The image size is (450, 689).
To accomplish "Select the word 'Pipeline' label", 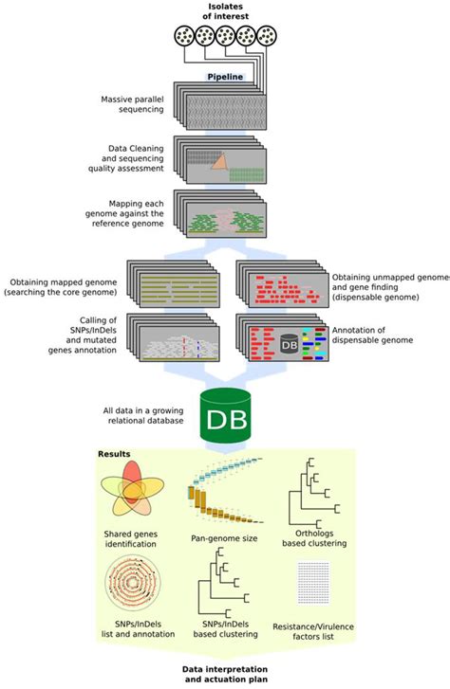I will pyautogui.click(x=226, y=78).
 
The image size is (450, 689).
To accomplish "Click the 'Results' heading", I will pyautogui.click(x=116, y=455).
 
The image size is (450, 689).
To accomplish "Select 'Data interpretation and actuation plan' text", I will pyautogui.click(x=225, y=674).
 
